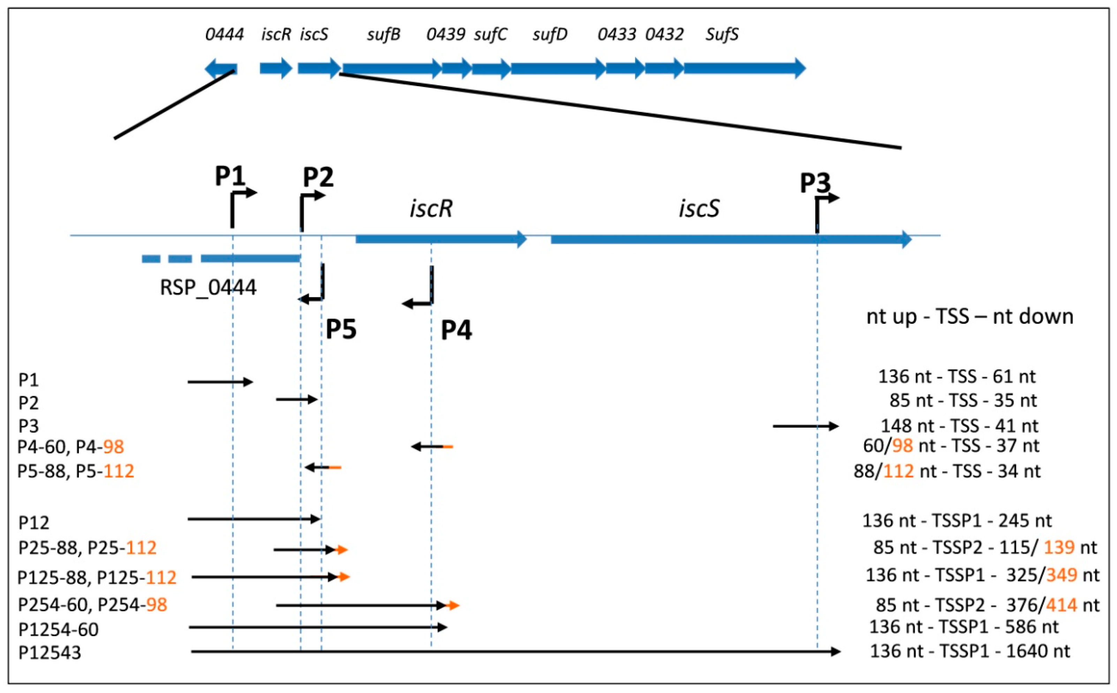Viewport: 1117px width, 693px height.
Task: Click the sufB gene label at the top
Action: point(384,35)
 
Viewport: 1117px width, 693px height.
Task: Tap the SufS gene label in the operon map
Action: point(722,35)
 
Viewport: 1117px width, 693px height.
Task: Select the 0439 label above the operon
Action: point(445,35)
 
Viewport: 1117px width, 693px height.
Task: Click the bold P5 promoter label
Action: point(341,329)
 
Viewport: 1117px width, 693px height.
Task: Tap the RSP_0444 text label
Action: point(208,288)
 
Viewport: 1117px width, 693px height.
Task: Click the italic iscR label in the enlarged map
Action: point(431,209)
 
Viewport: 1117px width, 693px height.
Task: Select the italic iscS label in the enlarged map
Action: point(699,209)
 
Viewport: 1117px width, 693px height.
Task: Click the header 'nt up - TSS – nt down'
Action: point(969,316)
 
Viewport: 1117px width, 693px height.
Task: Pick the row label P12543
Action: point(50,652)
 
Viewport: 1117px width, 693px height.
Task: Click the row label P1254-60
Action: point(58,629)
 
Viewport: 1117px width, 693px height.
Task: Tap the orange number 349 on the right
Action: point(1061,575)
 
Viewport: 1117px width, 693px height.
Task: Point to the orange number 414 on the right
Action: point(1061,605)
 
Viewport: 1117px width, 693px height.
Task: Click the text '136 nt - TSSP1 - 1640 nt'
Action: point(969,651)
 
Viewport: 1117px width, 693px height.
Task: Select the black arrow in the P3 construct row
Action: point(805,426)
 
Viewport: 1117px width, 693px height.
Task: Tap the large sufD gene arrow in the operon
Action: point(558,69)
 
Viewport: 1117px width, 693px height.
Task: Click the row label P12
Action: point(33,522)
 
